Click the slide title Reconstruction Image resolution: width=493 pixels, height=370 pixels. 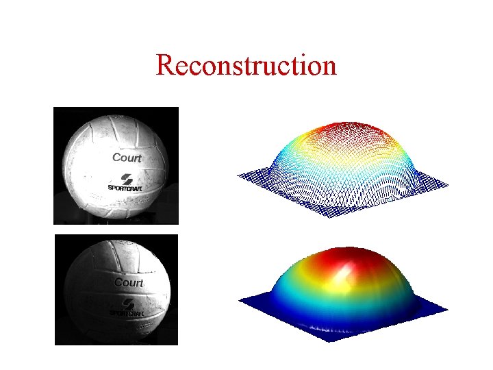click(x=246, y=66)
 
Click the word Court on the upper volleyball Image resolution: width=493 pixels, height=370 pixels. click(x=127, y=158)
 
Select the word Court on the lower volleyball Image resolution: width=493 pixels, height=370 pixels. click(x=128, y=282)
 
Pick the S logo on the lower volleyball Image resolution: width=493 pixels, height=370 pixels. click(x=128, y=303)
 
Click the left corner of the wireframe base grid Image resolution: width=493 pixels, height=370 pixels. click(x=238, y=175)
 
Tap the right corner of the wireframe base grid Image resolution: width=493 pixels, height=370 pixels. click(x=448, y=185)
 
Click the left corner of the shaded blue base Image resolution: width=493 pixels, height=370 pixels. click(x=239, y=302)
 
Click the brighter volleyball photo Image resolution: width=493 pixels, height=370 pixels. click(x=116, y=166)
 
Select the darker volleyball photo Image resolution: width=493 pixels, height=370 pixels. click(x=116, y=290)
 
